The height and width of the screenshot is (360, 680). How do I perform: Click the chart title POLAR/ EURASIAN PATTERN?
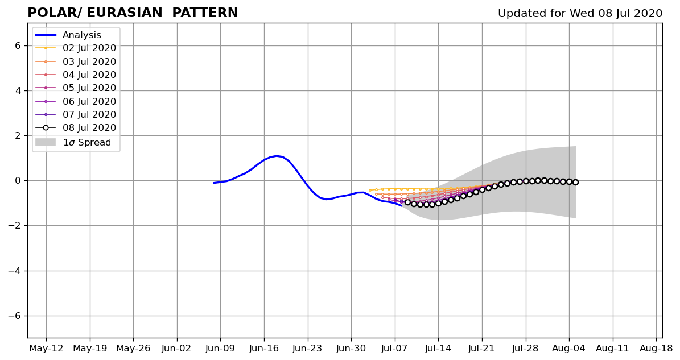133,13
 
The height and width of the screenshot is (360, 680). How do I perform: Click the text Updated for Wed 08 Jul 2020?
580,14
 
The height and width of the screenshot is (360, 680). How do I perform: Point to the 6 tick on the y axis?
18,46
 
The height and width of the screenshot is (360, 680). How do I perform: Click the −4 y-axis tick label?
15,271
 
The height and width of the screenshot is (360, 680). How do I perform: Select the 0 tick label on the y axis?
18,181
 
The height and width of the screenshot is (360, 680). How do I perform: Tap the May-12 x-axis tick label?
46,348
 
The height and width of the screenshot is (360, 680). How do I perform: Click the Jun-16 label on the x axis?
264,348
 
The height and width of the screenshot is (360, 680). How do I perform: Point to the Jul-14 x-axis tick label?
439,348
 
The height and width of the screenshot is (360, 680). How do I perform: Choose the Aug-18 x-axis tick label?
657,348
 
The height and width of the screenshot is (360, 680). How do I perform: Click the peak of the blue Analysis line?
277,156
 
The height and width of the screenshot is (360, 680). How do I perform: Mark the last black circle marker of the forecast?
575,183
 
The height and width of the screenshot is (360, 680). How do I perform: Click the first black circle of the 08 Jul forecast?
407,202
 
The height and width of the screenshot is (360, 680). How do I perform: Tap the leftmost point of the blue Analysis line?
214,183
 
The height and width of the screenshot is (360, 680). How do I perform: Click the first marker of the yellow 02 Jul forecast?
369,190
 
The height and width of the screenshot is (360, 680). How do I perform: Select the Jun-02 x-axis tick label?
177,348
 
